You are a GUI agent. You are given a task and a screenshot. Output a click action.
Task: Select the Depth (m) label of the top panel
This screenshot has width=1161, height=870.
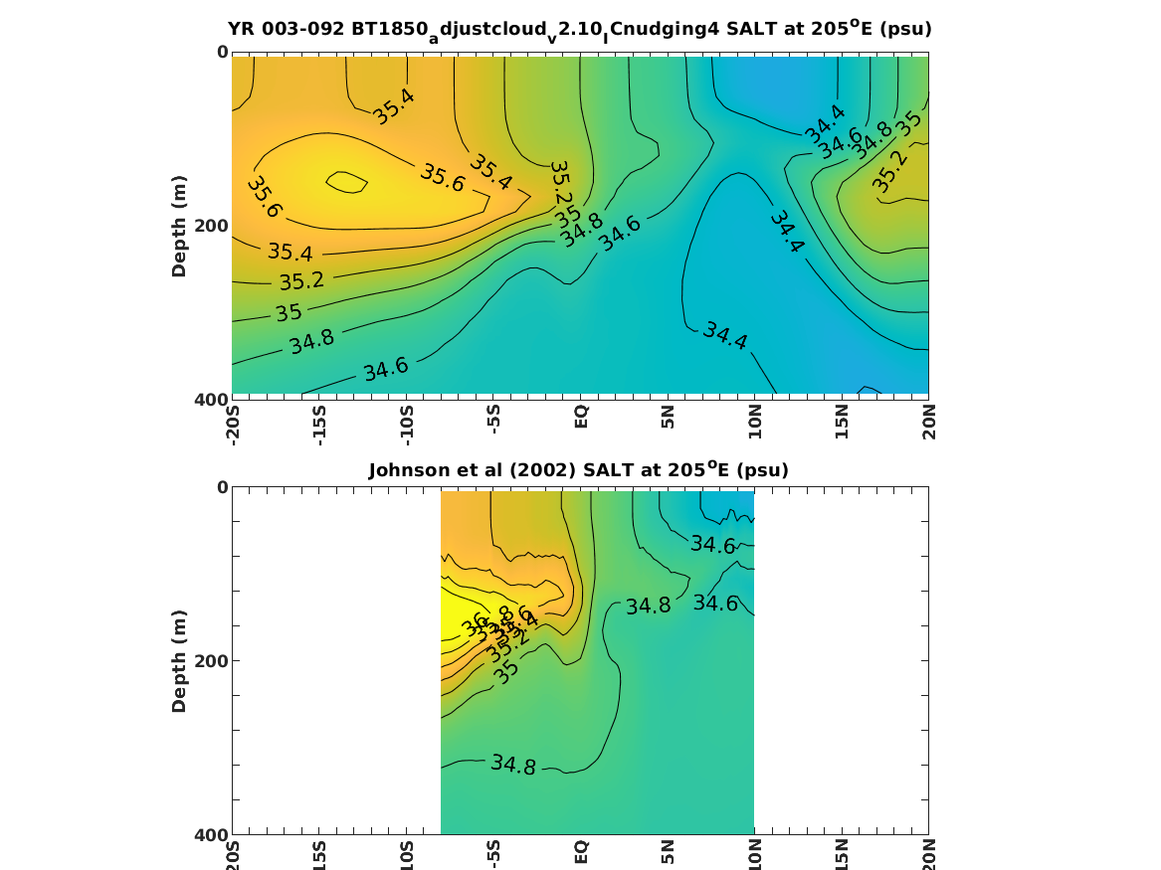click(x=179, y=226)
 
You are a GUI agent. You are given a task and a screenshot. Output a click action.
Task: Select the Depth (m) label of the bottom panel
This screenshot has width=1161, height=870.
click(x=179, y=661)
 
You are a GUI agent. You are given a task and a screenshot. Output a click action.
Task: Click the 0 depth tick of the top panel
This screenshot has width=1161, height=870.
click(x=222, y=52)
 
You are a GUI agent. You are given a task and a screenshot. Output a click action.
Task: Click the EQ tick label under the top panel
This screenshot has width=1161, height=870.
click(x=581, y=415)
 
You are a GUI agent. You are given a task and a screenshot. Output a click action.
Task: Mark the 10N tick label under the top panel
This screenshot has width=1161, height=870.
click(x=755, y=421)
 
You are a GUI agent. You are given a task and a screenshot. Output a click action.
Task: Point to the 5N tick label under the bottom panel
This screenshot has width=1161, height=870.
click(x=669, y=852)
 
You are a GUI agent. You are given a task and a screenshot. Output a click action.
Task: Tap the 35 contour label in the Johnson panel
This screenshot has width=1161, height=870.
click(x=507, y=671)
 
